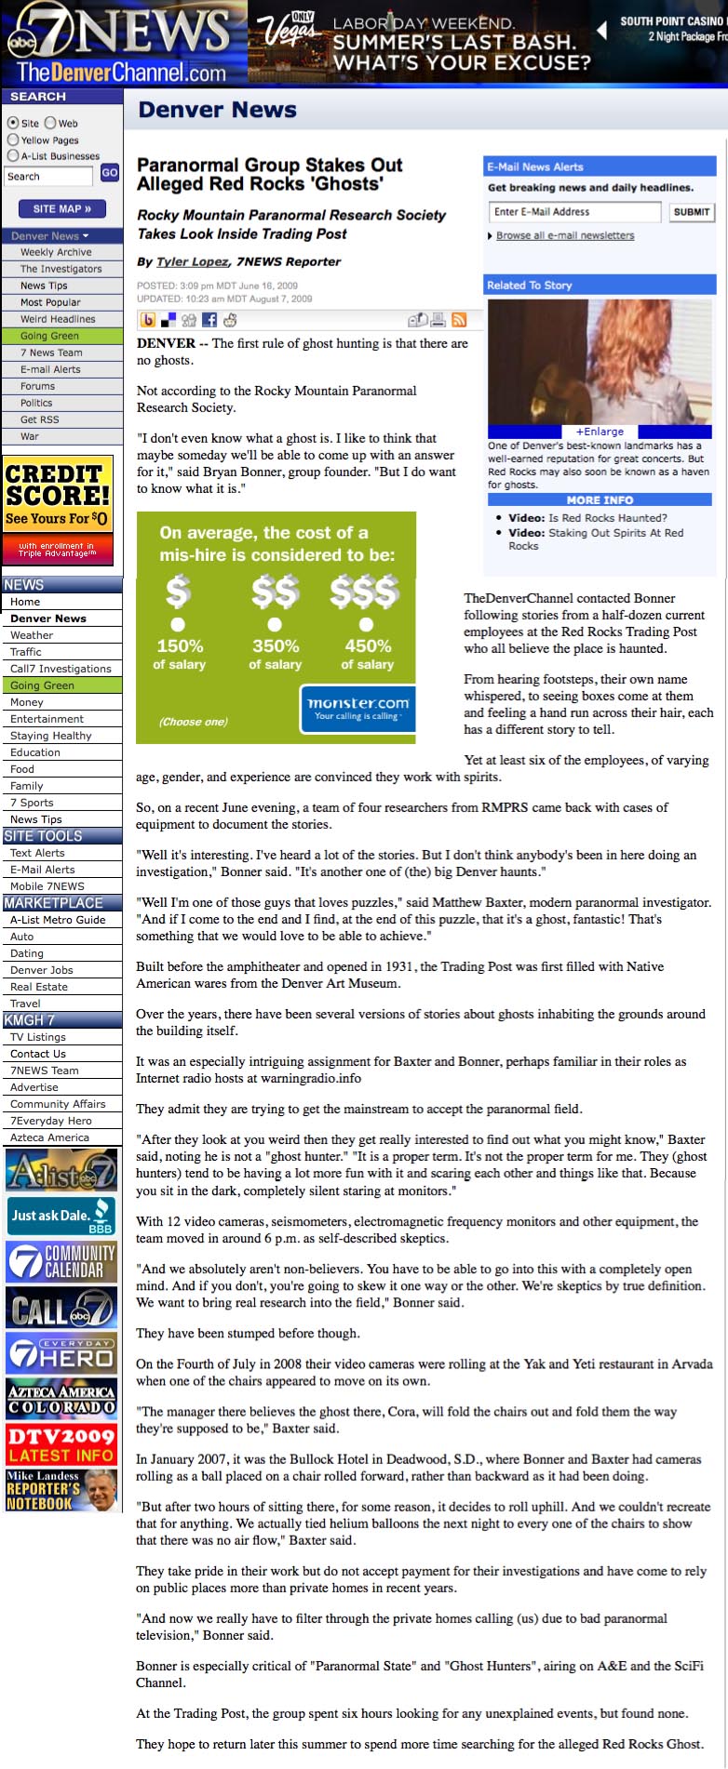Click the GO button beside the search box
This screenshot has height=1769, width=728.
tap(110, 173)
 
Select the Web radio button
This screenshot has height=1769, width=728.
tap(50, 123)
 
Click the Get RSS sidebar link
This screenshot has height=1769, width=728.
tap(39, 419)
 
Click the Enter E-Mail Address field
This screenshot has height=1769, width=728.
tap(574, 212)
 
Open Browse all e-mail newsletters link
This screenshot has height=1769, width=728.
tap(565, 235)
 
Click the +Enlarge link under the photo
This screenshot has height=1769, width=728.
tap(600, 432)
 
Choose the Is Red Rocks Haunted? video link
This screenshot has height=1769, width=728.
tap(607, 518)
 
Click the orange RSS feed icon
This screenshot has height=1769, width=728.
tap(459, 320)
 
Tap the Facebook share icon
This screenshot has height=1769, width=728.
tap(209, 320)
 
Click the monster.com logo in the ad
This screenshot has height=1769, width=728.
tap(358, 708)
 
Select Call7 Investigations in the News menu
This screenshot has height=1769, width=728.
tap(61, 669)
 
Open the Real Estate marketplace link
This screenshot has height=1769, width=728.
tap(39, 987)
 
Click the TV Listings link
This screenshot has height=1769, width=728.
tap(38, 1037)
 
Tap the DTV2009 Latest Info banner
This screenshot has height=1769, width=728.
tap(61, 1444)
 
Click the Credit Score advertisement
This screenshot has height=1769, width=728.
tap(58, 510)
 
